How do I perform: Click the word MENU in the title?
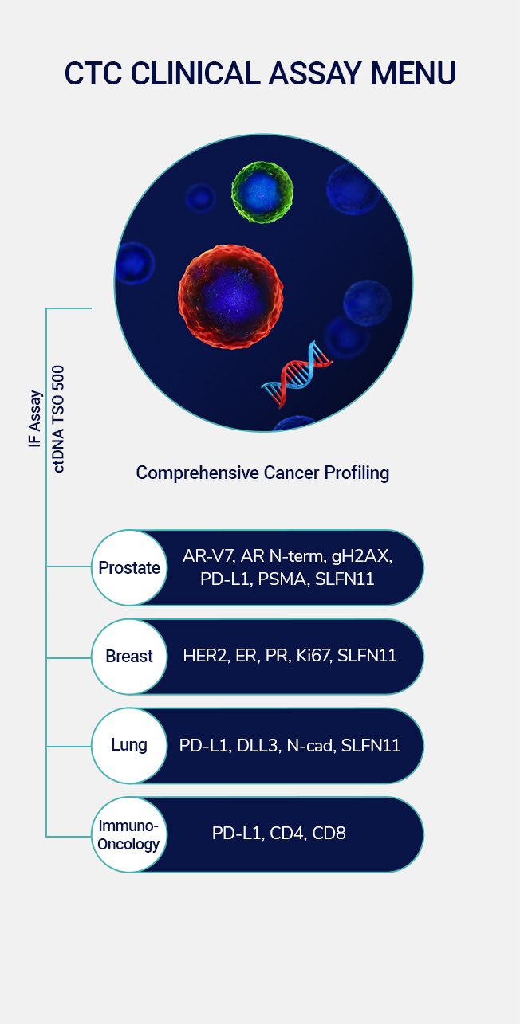[413, 73]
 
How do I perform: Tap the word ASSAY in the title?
[316, 73]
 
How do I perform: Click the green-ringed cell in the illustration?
[262, 192]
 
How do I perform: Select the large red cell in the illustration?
[230, 296]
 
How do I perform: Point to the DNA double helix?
[297, 374]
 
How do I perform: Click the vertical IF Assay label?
[35, 418]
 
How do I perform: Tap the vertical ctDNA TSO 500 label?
[58, 418]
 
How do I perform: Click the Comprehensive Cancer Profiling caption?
[262, 473]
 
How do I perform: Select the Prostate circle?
[129, 567]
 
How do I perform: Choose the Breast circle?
[129, 657]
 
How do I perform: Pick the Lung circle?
[129, 745]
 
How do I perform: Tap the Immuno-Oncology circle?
[129, 834]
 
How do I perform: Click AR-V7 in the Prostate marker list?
[208, 556]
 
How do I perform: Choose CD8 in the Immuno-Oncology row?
[329, 834]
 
